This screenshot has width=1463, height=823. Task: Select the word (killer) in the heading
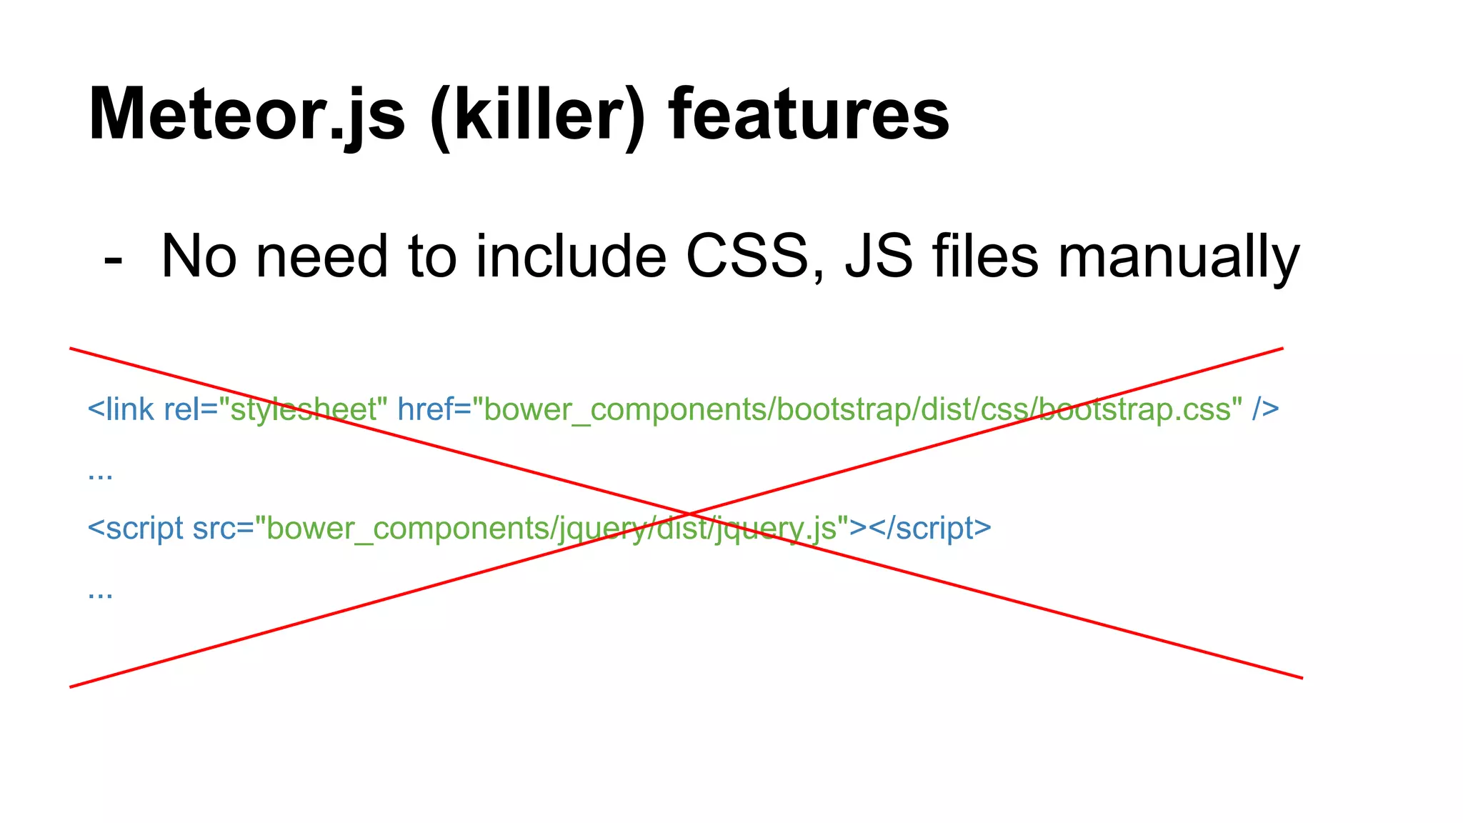coord(537,116)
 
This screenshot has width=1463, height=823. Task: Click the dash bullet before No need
coord(113,259)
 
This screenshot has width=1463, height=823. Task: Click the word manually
coord(1178,259)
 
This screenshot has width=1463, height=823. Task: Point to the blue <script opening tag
coord(135,529)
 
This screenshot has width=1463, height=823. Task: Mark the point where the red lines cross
coord(687,514)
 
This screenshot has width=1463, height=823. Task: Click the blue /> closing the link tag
coord(1265,409)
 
